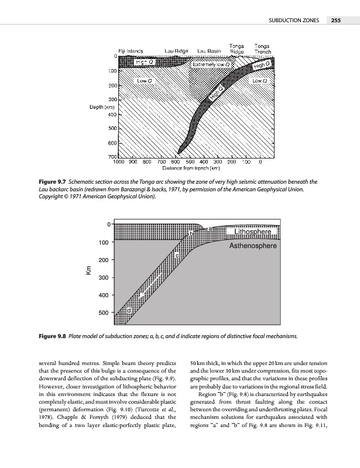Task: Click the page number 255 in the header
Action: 335,21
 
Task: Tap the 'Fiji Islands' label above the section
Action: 132,51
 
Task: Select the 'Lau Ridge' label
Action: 176,51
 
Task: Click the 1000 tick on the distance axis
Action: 119,162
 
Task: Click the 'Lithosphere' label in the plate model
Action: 252,233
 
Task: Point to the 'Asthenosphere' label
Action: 253,247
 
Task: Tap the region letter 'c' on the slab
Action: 177,255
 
